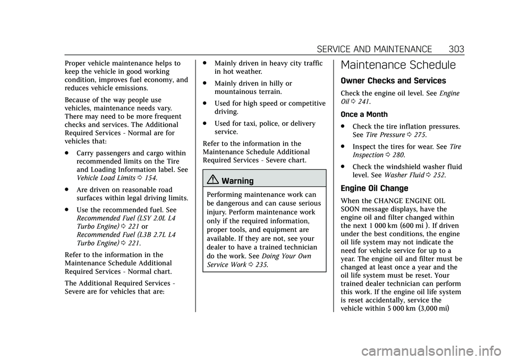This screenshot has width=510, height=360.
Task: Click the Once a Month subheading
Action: click(364, 114)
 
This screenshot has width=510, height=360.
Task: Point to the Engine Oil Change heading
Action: click(374, 188)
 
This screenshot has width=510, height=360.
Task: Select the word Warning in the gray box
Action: click(237, 181)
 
